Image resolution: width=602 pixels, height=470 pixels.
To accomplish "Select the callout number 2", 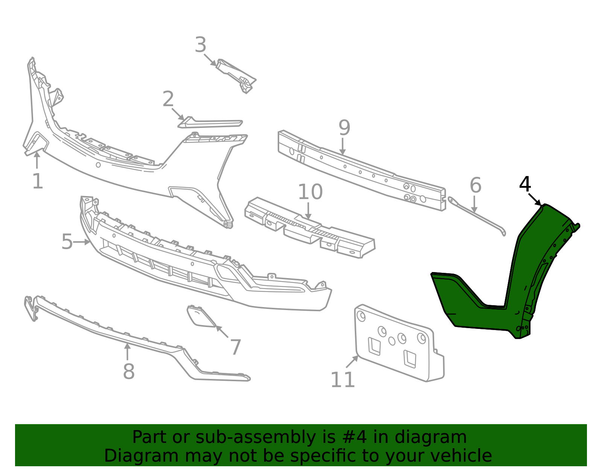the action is (169, 99).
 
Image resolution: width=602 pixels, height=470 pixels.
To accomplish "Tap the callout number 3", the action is (201, 44).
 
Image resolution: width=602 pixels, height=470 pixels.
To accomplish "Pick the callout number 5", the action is (67, 242).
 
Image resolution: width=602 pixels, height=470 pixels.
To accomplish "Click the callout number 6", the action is (476, 185).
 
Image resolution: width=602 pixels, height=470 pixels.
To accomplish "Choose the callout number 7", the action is (236, 347).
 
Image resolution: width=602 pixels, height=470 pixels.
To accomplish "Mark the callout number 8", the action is (129, 371).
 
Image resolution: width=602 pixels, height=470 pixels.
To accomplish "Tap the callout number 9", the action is (344, 128).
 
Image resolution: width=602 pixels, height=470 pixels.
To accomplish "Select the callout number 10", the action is (310, 192).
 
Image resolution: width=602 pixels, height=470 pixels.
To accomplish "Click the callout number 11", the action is (343, 380).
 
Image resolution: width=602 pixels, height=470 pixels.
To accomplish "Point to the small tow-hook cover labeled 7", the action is (201, 316).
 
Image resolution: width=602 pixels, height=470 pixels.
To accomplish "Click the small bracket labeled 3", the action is (236, 75).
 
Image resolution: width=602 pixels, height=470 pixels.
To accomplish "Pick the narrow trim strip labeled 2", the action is (210, 123).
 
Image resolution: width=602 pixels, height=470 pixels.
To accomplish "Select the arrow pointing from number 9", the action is (343, 146).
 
